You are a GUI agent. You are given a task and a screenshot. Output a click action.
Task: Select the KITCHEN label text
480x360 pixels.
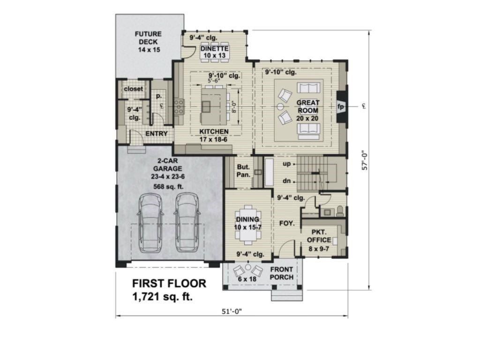click(x=214, y=132)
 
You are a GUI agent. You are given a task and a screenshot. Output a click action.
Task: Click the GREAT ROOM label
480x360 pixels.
click(x=307, y=110)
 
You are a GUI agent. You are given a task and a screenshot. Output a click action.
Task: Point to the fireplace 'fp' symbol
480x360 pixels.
click(x=341, y=106)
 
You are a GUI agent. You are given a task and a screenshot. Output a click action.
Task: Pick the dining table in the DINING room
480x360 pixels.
click(x=247, y=224)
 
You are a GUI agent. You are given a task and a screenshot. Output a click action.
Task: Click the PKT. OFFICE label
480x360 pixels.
click(x=319, y=236)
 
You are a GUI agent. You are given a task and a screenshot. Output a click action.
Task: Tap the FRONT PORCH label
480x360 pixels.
click(x=281, y=273)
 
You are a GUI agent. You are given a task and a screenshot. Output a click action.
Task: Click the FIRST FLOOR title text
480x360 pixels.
click(x=169, y=283)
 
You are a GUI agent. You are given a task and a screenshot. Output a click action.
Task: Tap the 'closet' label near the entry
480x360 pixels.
click(x=134, y=89)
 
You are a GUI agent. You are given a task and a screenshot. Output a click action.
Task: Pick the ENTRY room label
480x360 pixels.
click(x=156, y=134)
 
